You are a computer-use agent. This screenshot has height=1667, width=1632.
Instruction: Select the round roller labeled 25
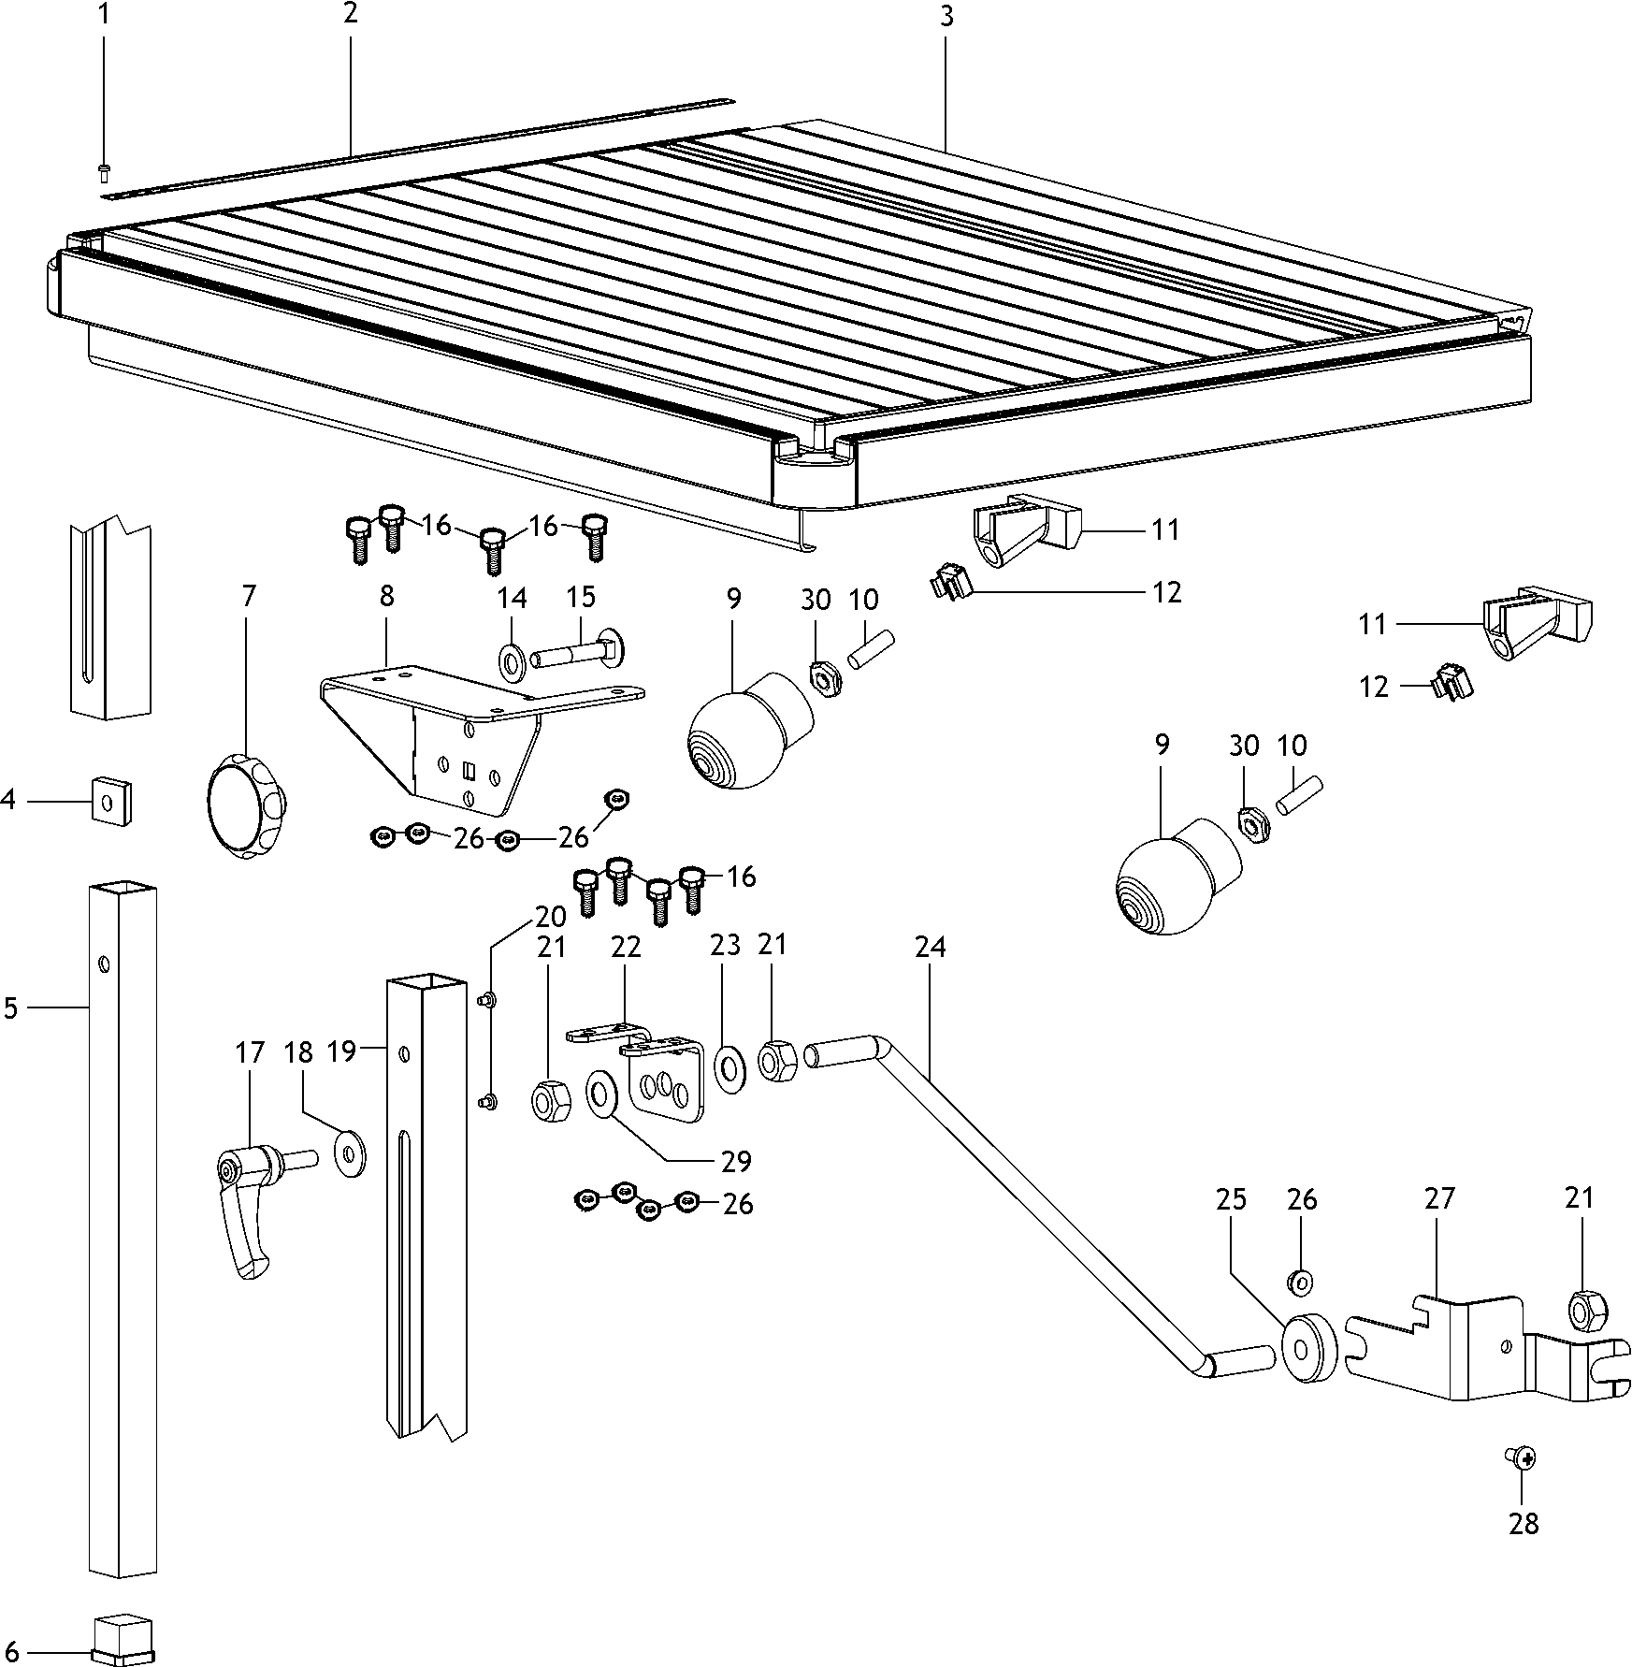point(1309,1347)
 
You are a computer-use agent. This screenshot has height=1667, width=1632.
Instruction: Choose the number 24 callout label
point(930,948)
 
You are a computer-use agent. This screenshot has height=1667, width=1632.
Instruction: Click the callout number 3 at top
point(946,18)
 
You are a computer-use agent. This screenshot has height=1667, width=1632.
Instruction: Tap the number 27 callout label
point(1439,1198)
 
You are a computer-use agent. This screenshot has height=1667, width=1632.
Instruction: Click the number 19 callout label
point(341,1051)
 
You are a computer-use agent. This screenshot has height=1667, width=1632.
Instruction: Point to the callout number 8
point(387,596)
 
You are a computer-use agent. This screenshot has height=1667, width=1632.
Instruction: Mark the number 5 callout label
point(11,1008)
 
